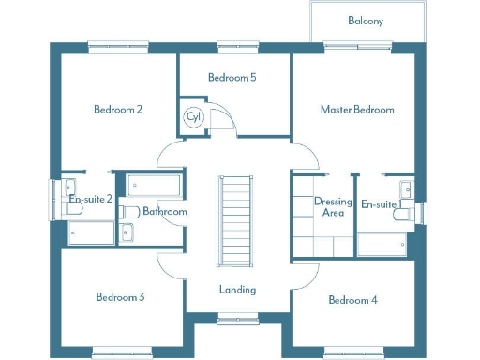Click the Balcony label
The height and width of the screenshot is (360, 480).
[x=366, y=21]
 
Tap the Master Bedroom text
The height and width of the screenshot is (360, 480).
[x=357, y=110]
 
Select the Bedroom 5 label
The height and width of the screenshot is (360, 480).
[x=232, y=78]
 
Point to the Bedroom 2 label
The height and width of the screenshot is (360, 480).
[x=118, y=110]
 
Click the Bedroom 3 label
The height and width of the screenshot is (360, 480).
[x=120, y=297]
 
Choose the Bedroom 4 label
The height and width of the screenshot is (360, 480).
[x=353, y=300]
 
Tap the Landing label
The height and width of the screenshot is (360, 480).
[x=237, y=290]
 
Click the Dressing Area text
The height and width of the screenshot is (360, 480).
[x=333, y=207]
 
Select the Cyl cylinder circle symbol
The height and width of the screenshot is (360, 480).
[x=194, y=117]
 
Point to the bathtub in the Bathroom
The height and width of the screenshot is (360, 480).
[x=156, y=184]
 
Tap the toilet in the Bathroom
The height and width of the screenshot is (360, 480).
[x=130, y=211]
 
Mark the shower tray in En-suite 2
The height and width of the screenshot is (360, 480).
[x=90, y=232]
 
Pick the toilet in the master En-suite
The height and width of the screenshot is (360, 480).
[x=404, y=214]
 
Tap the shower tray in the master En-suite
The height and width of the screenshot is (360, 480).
[x=382, y=244]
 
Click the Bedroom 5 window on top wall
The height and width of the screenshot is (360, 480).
[x=232, y=43]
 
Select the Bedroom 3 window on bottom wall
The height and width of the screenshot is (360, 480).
[x=120, y=352]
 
